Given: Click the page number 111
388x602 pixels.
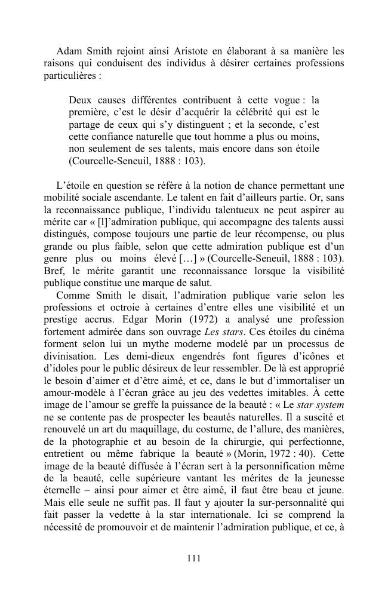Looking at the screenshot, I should (x=193, y=558).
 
